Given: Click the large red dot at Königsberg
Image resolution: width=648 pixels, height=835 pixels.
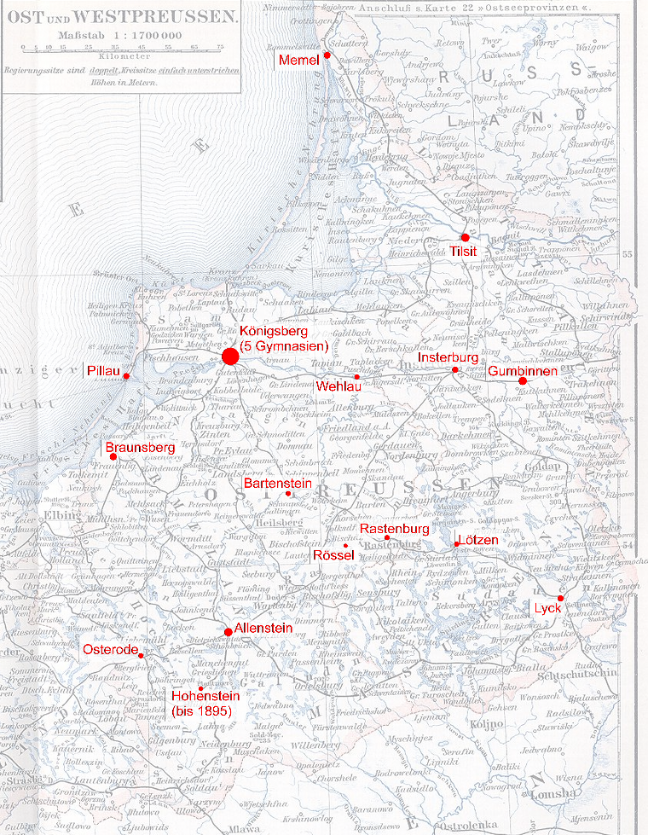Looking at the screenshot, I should pos(229,357).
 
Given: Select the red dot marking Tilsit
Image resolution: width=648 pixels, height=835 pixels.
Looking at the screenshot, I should pos(465,237).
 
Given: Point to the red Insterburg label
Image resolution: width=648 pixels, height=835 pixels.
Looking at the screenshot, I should pos(449,358).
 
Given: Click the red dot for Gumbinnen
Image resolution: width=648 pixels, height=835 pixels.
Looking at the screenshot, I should pos(523,380).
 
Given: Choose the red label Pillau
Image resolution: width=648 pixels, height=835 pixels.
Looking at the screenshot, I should pos(104,372).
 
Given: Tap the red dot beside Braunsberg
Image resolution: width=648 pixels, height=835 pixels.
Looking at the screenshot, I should pos(113,457).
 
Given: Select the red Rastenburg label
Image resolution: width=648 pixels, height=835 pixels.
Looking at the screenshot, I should pos(394,530).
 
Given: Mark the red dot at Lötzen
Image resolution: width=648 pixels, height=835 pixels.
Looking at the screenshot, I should pos(458,544).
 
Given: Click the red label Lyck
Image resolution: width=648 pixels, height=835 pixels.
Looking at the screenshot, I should pos(547,608).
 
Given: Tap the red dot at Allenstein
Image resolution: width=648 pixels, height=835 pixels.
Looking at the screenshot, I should pos(228,631).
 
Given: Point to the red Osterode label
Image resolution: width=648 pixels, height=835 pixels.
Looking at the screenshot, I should pos(108,650).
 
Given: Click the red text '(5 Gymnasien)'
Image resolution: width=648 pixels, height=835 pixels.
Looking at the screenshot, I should pos(283,346).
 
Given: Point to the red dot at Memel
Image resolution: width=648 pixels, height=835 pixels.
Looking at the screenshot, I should pos(327,55).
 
